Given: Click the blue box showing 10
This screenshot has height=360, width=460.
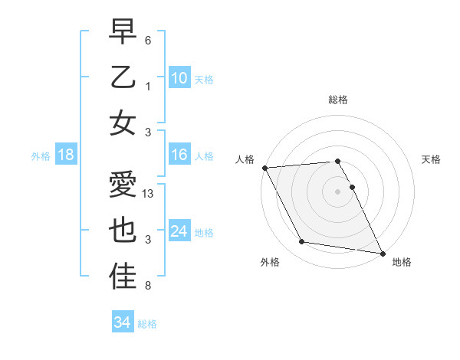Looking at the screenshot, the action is coord(179,77).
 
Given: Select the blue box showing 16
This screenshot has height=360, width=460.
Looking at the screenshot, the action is coord(179,155).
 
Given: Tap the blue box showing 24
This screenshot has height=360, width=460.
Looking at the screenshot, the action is coord(179,231).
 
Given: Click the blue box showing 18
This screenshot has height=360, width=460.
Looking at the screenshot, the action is coord(65,155).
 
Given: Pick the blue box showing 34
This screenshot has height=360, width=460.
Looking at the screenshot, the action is coord(122,322).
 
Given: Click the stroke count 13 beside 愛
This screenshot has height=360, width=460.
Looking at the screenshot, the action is coord(149,194).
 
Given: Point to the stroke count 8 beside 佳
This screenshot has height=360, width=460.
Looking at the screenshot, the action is coord(148,286).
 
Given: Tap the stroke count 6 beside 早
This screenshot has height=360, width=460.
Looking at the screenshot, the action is coord(148,40).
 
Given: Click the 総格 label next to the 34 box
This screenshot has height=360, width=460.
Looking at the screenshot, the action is coord(147,324).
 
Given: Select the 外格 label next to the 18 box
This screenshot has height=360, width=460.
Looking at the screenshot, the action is coord(41,155).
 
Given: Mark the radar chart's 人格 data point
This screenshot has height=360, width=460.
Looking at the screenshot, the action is coord(264,168).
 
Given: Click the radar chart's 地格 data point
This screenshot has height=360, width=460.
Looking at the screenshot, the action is coord(381,253).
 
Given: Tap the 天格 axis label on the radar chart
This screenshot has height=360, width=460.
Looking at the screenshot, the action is coord(431,159).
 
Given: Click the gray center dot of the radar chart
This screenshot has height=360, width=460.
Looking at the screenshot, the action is coord(338,191).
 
